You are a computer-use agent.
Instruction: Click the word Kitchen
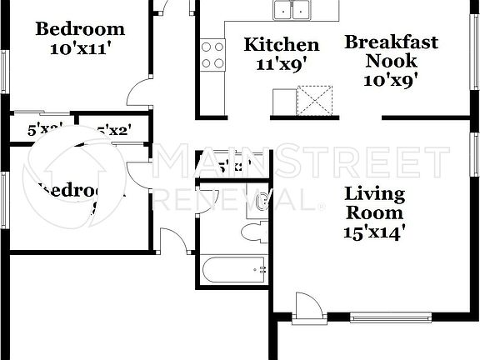click(281, 45)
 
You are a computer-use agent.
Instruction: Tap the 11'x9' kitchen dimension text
click(282, 65)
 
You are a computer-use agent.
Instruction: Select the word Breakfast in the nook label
click(392, 42)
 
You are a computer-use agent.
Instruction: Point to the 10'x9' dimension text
click(391, 80)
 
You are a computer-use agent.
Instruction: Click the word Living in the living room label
click(375, 194)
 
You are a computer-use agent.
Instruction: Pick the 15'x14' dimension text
click(375, 232)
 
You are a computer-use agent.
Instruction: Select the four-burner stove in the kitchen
click(213, 55)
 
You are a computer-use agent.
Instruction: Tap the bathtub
click(235, 268)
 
